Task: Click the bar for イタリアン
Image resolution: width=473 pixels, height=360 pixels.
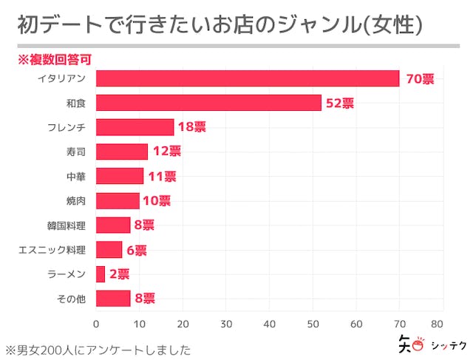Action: point(248,78)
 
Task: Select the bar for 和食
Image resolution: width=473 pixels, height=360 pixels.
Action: point(208,103)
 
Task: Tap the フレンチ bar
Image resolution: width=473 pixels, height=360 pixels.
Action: point(135,127)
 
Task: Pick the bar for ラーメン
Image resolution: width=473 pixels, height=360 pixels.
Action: point(101,274)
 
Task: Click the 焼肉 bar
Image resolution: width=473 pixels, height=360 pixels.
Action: point(118,200)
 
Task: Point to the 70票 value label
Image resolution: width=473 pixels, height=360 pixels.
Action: point(419,78)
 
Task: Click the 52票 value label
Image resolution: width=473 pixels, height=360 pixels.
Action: point(340,103)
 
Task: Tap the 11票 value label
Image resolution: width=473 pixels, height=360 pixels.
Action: point(161,176)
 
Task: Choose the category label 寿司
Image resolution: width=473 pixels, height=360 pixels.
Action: point(75,152)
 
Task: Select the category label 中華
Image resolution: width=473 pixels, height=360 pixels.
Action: point(75,176)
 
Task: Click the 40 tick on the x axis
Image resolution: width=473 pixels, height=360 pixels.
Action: point(270,324)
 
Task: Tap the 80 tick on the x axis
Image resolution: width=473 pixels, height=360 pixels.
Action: point(443,324)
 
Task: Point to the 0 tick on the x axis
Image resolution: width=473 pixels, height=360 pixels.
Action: point(96,324)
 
